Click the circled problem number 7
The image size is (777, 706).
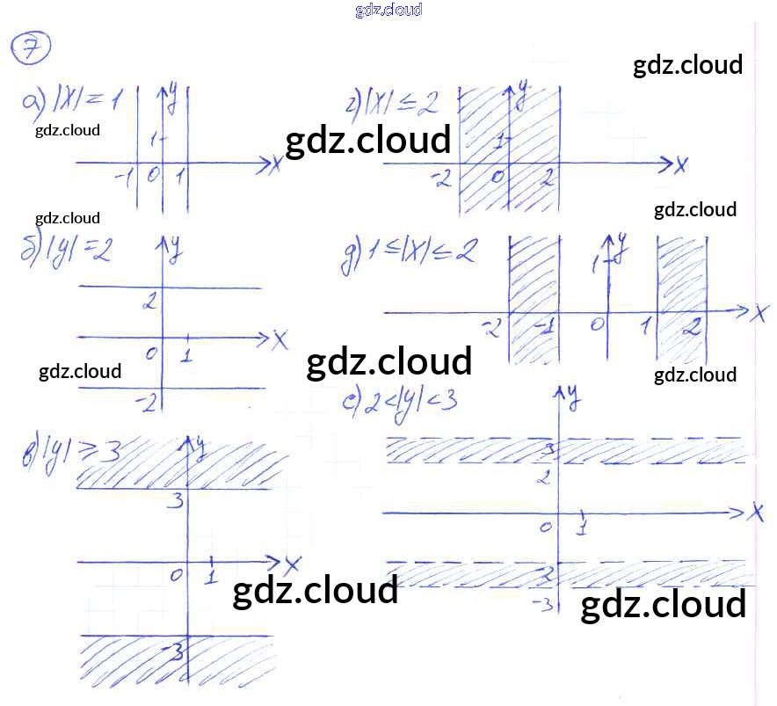[x=31, y=50]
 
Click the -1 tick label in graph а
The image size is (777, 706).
[x=124, y=178]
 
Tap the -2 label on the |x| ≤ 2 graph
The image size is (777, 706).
[x=441, y=179]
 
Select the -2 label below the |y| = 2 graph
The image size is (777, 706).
[x=147, y=403]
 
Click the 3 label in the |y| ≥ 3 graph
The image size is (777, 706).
[x=177, y=502]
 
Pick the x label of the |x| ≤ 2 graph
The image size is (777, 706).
[x=680, y=164]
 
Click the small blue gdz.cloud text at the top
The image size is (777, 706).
[x=388, y=10]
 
